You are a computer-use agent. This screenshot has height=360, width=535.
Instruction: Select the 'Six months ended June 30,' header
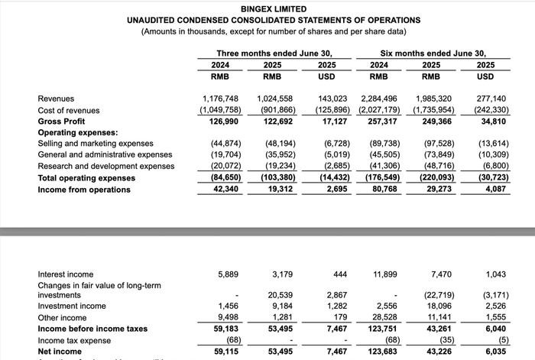click(433, 53)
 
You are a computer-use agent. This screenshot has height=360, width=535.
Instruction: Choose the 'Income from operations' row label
click(84, 189)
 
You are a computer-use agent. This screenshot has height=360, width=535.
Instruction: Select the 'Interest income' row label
click(66, 274)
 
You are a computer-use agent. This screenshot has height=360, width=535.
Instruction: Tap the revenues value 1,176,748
click(221, 99)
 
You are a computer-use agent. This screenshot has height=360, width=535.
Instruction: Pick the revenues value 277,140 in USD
click(491, 99)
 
